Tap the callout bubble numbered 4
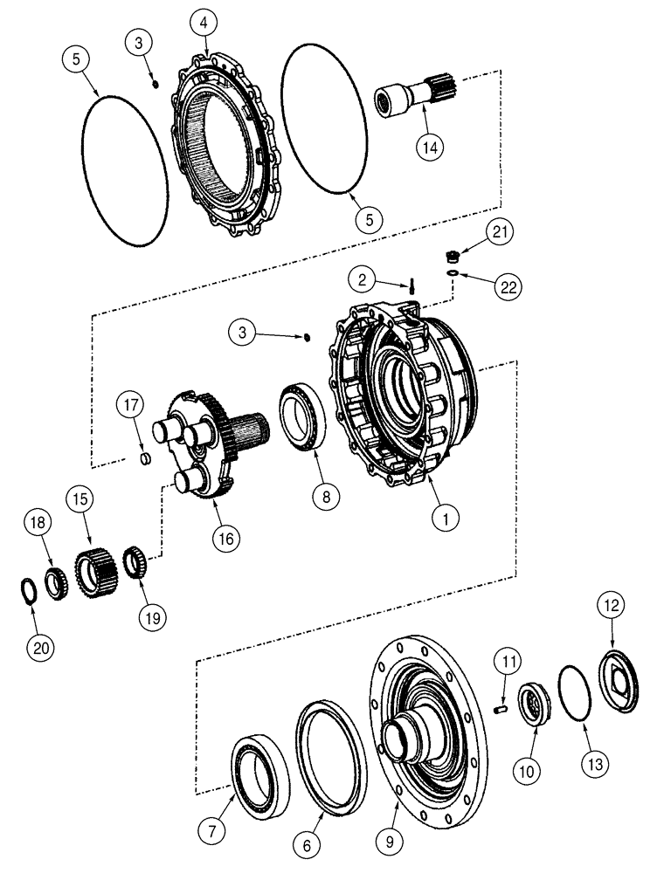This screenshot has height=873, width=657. click(x=204, y=23)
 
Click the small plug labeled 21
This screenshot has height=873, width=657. click(x=453, y=257)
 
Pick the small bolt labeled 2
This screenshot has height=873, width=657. click(x=410, y=285)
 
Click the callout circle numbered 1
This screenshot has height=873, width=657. click(x=447, y=517)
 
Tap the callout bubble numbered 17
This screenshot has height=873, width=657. click(x=131, y=406)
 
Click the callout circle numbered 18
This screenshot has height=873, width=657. click(x=38, y=522)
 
